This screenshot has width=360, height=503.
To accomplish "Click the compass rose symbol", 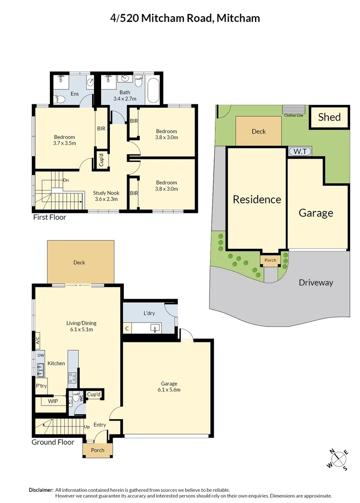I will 339,459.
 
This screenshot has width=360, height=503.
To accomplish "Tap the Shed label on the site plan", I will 329,117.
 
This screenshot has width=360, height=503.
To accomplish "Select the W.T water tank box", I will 299,151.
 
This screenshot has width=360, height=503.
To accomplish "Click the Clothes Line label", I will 293,115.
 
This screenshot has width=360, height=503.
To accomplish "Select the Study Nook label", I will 106,196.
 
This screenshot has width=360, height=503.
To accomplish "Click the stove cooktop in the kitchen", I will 73,377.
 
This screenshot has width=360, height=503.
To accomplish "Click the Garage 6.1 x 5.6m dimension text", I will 169,387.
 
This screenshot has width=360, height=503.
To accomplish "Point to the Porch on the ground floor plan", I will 97,450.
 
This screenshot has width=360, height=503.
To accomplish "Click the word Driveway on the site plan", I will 316,282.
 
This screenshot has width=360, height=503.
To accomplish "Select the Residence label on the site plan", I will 257,199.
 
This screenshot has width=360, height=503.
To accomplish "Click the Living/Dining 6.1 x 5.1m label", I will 81,326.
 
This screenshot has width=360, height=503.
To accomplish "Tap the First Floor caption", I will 49,217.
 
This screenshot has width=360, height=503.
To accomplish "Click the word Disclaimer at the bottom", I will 41,489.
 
